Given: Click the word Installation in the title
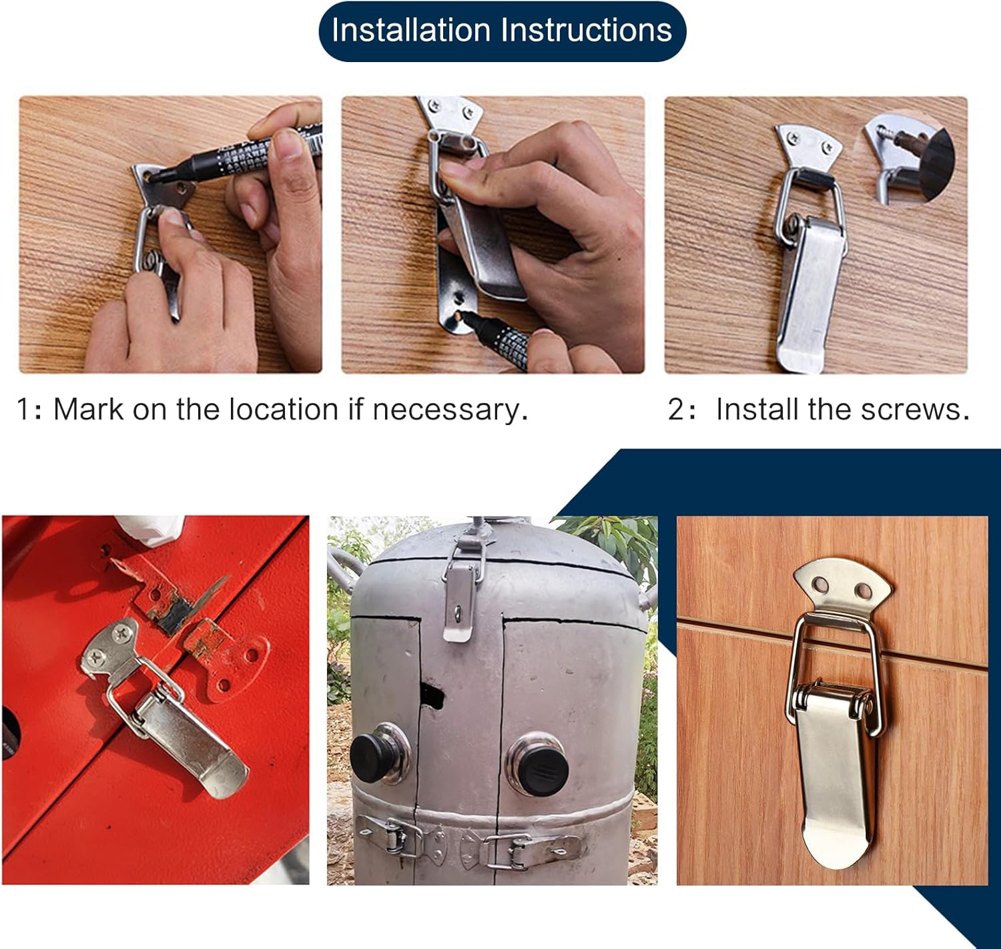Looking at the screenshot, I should (411, 31).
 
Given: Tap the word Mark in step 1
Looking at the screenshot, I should (88, 409).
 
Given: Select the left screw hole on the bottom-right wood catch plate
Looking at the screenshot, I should (820, 585).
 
